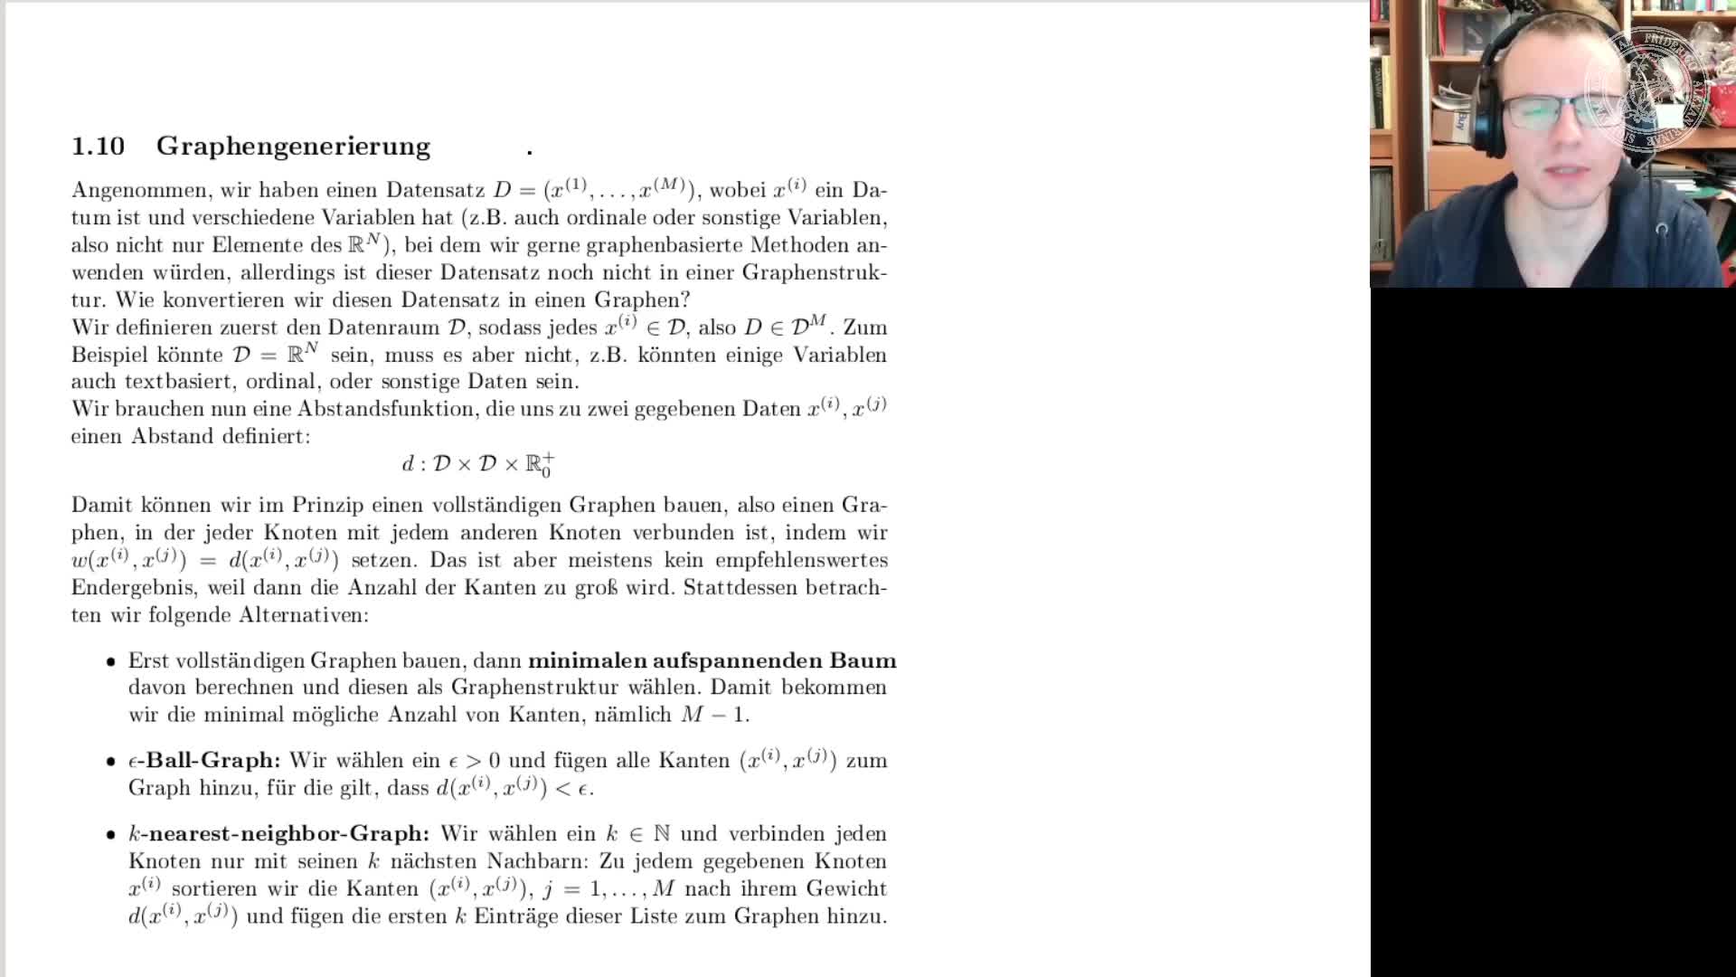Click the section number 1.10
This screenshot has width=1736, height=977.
tap(98, 146)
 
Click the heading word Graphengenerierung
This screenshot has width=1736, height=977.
tap(293, 146)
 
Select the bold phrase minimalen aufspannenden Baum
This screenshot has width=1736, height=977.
tap(712, 660)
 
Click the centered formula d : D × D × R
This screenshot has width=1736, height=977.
tap(478, 464)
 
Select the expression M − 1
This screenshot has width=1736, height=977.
tap(714, 715)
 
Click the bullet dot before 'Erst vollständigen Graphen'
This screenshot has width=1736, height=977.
tap(110, 662)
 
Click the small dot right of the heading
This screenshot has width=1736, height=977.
tap(530, 153)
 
